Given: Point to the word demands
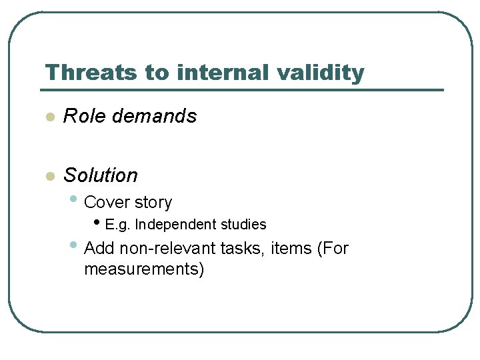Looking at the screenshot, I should (x=155, y=116).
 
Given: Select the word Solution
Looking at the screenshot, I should (x=101, y=175).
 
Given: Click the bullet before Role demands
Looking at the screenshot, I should (x=48, y=117).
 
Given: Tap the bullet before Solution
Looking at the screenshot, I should (x=48, y=177).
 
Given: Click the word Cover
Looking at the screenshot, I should (x=107, y=202).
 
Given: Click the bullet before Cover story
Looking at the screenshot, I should (x=73, y=199).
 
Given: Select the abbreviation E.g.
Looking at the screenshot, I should (x=118, y=225).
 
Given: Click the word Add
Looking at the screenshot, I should (x=99, y=249).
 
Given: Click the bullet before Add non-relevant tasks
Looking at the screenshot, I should (x=73, y=245).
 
